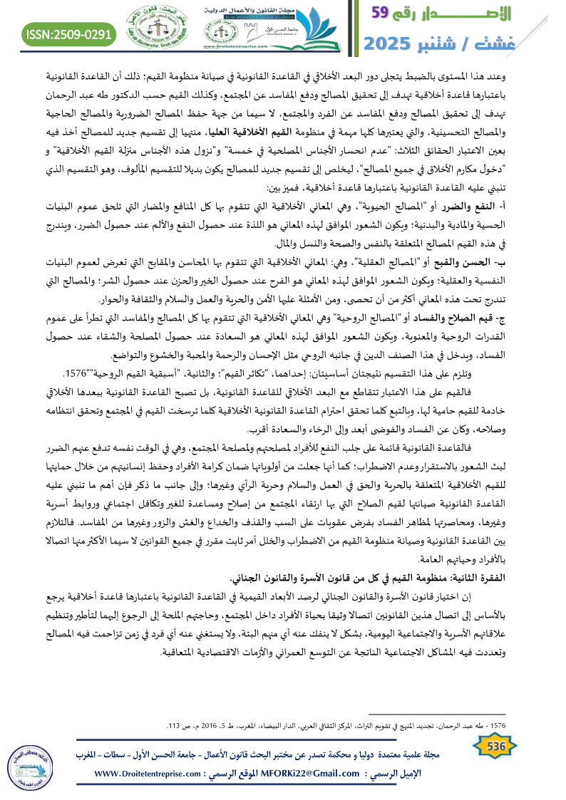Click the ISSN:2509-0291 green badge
coord(70,33)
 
